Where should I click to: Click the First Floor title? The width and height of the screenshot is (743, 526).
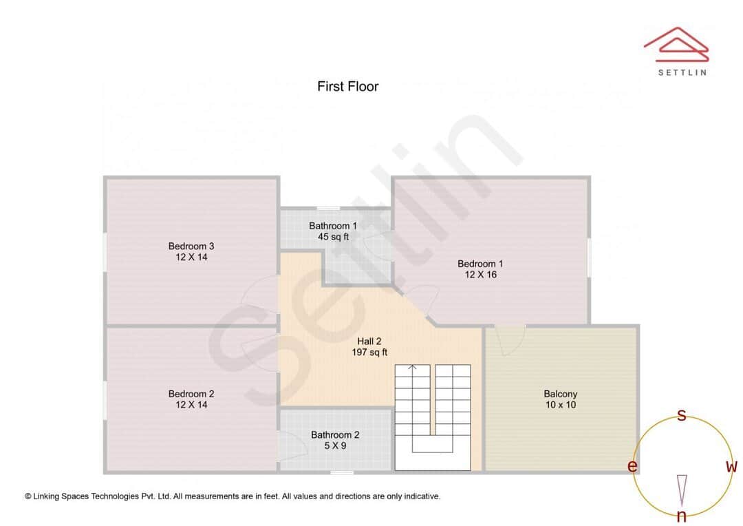click(347, 87)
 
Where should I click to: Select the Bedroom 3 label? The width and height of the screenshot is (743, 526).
click(191, 246)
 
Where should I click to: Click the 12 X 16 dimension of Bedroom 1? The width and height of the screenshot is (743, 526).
click(480, 275)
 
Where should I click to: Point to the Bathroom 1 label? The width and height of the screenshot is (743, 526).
click(333, 226)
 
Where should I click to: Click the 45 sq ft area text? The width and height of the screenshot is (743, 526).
click(333, 237)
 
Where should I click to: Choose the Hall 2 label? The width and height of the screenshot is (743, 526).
click(369, 341)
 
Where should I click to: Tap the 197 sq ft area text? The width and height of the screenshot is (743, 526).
click(369, 353)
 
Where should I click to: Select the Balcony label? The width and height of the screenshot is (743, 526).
click(560, 394)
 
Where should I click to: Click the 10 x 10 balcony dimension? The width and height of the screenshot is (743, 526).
click(560, 405)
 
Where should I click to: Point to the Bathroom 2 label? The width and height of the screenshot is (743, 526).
click(335, 435)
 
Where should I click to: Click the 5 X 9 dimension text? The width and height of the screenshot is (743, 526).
click(335, 446)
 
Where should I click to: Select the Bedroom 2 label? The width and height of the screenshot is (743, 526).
click(191, 394)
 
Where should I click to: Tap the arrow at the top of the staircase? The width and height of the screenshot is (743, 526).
click(413, 368)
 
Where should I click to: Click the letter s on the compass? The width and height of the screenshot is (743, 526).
click(682, 415)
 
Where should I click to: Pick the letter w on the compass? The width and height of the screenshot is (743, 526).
click(731, 467)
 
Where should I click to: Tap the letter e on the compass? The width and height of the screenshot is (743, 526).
click(632, 467)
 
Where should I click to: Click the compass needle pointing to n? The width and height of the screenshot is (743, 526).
click(682, 490)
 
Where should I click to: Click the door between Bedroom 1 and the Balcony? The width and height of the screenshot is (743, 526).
click(510, 339)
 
